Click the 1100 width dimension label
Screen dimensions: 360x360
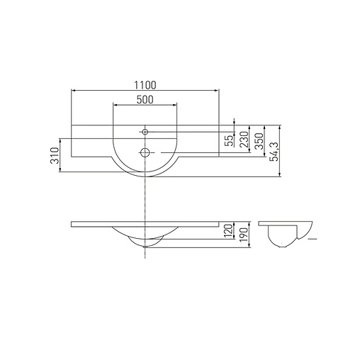[x=145, y=84]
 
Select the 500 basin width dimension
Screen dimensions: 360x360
[x=145, y=100]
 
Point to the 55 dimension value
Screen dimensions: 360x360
[x=229, y=140]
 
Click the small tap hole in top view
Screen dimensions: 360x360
[x=145, y=131]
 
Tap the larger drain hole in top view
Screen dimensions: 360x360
[x=145, y=152]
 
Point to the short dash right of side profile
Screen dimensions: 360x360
[x=313, y=240]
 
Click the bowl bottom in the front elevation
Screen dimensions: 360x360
[x=145, y=245]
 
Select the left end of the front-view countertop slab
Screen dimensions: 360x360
[x=72, y=224]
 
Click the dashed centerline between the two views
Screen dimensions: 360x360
[x=145, y=198]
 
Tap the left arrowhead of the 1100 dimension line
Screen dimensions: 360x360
[x=73, y=91]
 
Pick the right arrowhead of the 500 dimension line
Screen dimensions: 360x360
[x=176, y=106]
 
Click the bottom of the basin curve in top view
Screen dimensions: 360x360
[x=145, y=176]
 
